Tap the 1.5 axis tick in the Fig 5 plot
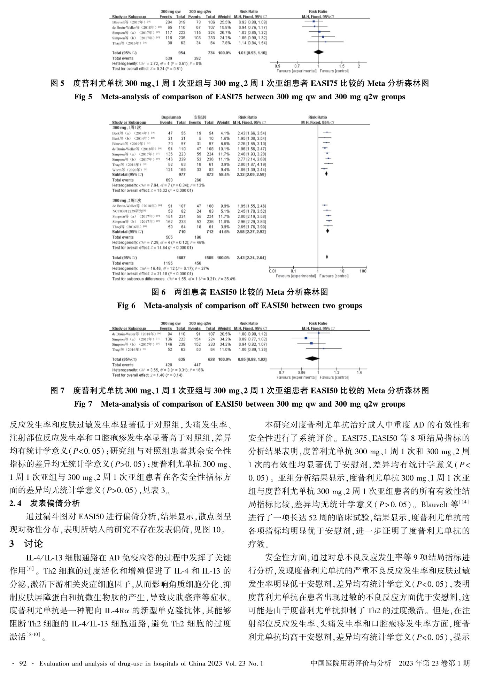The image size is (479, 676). coord(341,66)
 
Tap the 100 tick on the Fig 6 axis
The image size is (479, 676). coord(363,271)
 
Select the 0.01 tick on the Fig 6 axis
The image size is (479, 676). coord(273,271)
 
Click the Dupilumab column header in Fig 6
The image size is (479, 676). coord(171,117)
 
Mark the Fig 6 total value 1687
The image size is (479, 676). coord(181,258)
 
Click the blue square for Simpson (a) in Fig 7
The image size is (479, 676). coord(306,338)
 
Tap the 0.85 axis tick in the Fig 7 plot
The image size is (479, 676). coord(301,372)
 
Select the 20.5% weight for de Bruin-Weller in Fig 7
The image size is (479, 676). coord(224,334)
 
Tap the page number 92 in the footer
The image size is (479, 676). coord(23,663)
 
